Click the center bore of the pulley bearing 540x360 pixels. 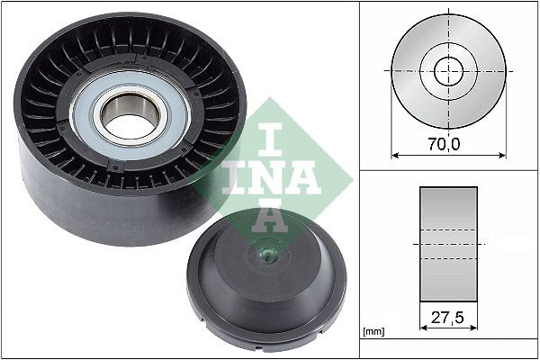click(128, 116)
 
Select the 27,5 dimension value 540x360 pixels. click(448, 318)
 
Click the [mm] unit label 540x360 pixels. click(373, 333)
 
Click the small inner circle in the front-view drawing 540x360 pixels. click(448, 70)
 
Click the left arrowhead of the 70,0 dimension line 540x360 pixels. click(394, 155)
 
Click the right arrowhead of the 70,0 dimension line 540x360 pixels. click(502, 155)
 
